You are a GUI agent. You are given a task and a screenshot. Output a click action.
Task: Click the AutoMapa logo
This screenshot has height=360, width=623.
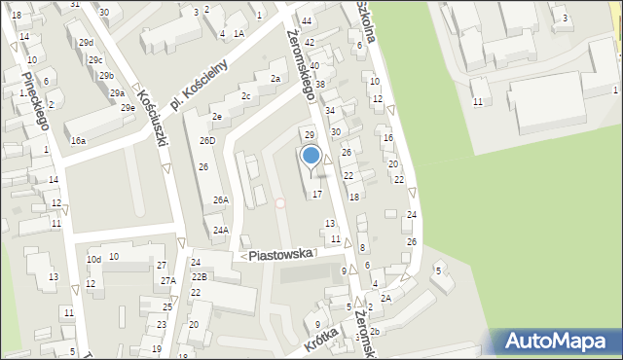coord(560,342)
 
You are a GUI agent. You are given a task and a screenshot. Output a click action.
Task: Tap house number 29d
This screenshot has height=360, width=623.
coord(86,43)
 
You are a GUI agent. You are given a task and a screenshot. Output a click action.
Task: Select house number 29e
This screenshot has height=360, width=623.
coord(128,107)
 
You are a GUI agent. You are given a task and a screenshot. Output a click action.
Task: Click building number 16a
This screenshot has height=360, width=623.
coord(78,141)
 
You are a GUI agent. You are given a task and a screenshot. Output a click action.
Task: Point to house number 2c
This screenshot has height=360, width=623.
coord(246,96)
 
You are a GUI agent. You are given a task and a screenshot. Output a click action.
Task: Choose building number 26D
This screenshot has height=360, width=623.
coord(207,141)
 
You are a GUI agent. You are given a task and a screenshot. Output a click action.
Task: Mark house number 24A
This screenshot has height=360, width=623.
coord(221,231)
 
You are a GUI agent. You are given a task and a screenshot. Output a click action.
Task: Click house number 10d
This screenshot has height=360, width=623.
coord(93,260)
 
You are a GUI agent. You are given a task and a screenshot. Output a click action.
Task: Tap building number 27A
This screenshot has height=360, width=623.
coord(168,280)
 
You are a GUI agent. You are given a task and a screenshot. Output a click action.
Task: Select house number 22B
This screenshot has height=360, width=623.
coord(199,277)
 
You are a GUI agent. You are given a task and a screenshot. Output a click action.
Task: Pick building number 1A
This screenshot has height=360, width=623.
coord(238,33)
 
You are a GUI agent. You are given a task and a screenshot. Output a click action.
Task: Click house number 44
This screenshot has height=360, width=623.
coord(307,20)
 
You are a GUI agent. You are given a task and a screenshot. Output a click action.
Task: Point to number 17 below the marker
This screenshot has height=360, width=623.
coord(316,195)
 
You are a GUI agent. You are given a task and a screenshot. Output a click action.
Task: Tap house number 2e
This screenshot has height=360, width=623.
coord(218,117)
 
